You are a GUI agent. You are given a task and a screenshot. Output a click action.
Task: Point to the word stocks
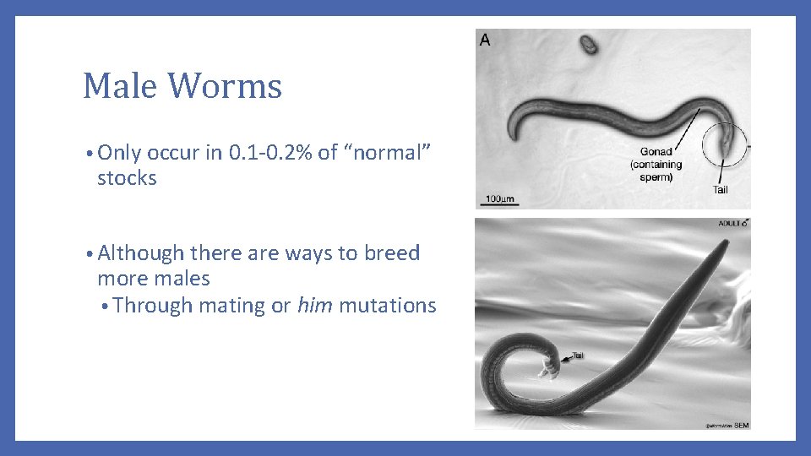click(x=127, y=178)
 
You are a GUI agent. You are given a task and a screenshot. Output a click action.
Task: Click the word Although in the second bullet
click(x=141, y=253)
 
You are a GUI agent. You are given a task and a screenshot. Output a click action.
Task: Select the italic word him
click(x=314, y=305)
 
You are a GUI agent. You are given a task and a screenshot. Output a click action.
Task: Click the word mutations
click(x=388, y=305)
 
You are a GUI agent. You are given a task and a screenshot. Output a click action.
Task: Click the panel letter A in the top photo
click(x=485, y=40)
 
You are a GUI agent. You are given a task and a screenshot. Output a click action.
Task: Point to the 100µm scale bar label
click(x=499, y=199)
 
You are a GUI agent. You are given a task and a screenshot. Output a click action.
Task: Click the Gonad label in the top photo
click(x=656, y=152)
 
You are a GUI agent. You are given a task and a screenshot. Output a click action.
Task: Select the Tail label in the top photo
click(x=720, y=189)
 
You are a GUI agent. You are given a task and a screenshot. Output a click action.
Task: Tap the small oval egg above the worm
click(x=588, y=44)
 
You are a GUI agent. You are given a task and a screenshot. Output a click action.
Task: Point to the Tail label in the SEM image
click(x=578, y=356)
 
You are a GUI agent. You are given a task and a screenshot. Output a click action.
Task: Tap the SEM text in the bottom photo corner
click(x=741, y=424)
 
